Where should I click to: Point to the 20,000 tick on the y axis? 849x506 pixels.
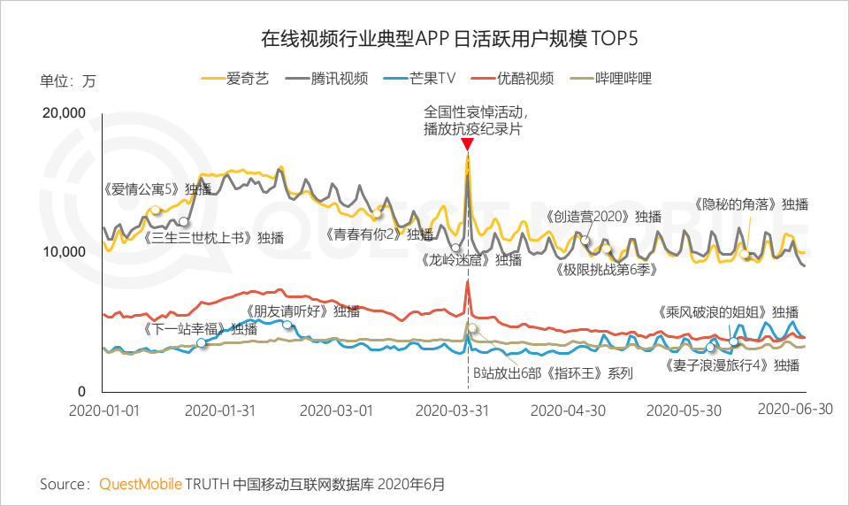click(x=63, y=112)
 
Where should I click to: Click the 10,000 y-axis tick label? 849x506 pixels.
click(x=63, y=251)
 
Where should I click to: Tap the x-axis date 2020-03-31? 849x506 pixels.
click(x=452, y=410)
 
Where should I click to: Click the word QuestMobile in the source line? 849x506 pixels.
click(x=140, y=484)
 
